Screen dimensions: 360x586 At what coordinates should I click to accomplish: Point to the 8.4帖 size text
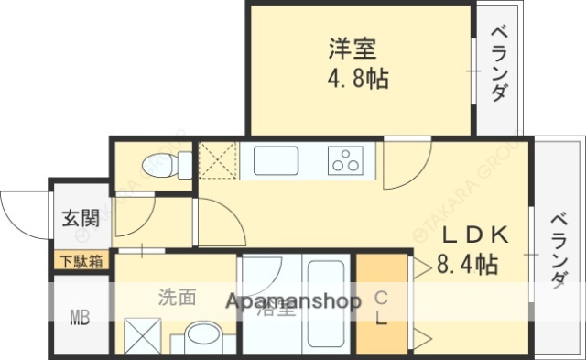click(468, 265)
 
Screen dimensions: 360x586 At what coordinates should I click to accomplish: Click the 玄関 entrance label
click(81, 219)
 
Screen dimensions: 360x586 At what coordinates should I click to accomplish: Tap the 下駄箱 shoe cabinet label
click(81, 261)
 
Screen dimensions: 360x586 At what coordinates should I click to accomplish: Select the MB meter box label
click(80, 319)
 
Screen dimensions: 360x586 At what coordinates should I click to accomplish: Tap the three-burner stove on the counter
click(347, 159)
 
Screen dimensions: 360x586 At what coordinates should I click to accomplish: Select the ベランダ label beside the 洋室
click(499, 65)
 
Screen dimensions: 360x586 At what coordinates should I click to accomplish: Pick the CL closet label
click(382, 310)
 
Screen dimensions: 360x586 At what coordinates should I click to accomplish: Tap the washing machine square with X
click(142, 335)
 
